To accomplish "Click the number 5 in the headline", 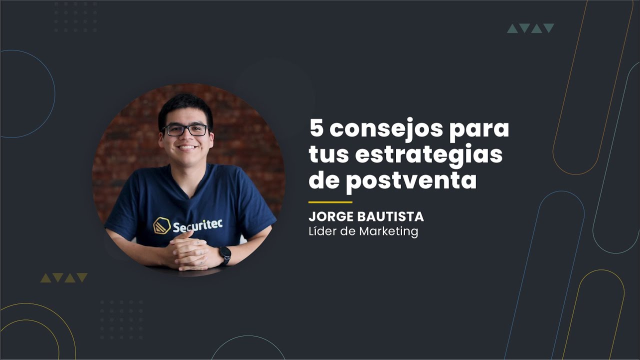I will (317, 129).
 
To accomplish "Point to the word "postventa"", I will (411, 180).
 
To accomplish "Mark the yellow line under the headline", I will (330, 202).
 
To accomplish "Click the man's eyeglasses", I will (186, 130).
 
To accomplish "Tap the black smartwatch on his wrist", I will (225, 255).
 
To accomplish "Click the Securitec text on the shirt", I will (197, 226).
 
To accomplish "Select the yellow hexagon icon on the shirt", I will (161, 225).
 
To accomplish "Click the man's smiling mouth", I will (187, 147).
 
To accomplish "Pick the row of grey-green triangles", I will (530, 28).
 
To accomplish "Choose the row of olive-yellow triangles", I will (64, 277).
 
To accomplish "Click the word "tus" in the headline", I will (326, 155).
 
